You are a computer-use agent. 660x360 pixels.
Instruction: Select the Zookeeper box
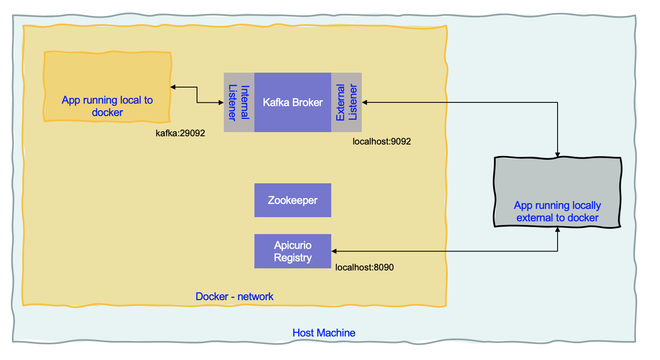(292, 200)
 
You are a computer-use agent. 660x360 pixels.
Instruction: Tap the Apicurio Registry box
(292, 251)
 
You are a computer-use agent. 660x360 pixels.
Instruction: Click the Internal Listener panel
(239, 102)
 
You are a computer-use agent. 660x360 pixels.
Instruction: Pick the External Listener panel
(347, 102)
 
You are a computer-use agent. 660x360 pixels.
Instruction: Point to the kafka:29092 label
(180, 133)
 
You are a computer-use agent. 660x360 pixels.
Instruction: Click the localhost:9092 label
(381, 141)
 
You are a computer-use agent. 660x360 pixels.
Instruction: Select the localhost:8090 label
(364, 267)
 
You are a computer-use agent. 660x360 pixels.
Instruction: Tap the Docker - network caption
(234, 296)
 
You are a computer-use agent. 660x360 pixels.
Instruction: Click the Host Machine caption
(323, 333)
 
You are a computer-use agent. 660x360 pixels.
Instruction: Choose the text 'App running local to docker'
(107, 106)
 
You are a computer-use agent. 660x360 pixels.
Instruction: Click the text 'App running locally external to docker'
(557, 211)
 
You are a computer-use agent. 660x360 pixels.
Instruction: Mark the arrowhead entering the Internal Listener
(221, 102)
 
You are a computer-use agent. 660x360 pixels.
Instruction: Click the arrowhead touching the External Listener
(365, 102)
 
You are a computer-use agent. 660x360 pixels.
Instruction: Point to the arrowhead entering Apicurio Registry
(334, 251)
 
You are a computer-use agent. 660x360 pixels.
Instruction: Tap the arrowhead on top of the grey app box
(557, 155)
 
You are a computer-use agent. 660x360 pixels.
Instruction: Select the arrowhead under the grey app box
(557, 230)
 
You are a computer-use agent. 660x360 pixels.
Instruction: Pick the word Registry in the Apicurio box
(292, 258)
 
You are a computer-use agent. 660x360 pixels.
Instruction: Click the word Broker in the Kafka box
(308, 102)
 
